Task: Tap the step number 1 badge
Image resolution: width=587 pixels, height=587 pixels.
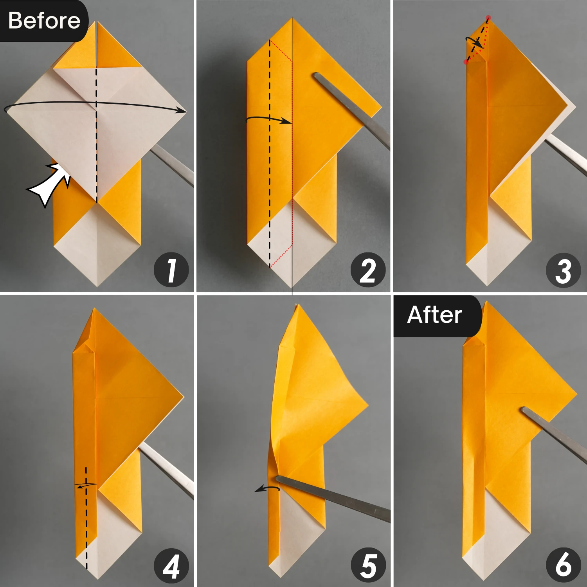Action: (x=171, y=270)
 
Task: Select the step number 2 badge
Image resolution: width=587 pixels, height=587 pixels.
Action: (x=367, y=270)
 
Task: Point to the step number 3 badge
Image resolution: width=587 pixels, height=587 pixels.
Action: (x=563, y=270)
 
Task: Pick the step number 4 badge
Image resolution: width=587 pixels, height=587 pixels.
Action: (x=171, y=566)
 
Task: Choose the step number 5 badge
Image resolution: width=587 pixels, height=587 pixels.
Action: (x=367, y=566)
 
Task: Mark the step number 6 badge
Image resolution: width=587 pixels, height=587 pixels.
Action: (x=563, y=565)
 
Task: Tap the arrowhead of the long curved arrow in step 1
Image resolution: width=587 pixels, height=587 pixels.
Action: (x=182, y=110)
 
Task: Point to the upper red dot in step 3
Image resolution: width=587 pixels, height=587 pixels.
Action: (x=488, y=18)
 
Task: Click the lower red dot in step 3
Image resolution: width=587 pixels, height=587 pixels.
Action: (x=466, y=62)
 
